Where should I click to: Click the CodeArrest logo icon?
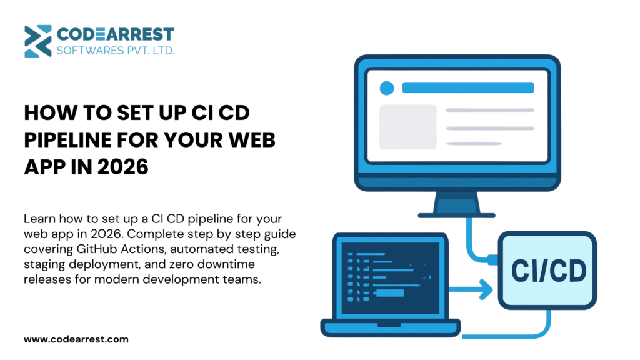click(x=38, y=41)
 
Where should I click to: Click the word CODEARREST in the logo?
click(x=116, y=35)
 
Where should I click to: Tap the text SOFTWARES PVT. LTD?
click(x=116, y=51)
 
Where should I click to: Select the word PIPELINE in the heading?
click(x=67, y=140)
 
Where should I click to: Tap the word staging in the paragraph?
click(x=44, y=265)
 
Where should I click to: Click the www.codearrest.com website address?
click(x=76, y=339)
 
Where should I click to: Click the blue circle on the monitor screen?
click(x=387, y=88)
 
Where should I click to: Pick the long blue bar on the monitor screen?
click(x=468, y=87)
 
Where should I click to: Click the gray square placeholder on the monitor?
click(x=408, y=127)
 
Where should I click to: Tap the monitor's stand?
click(x=456, y=204)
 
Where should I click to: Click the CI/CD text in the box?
click(x=549, y=271)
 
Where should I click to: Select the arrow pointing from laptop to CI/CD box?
click(x=471, y=289)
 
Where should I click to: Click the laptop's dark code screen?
click(x=390, y=278)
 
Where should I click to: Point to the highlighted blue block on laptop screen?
click(x=390, y=293)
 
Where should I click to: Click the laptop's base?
click(x=391, y=328)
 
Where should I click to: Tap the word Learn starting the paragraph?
click(x=39, y=219)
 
